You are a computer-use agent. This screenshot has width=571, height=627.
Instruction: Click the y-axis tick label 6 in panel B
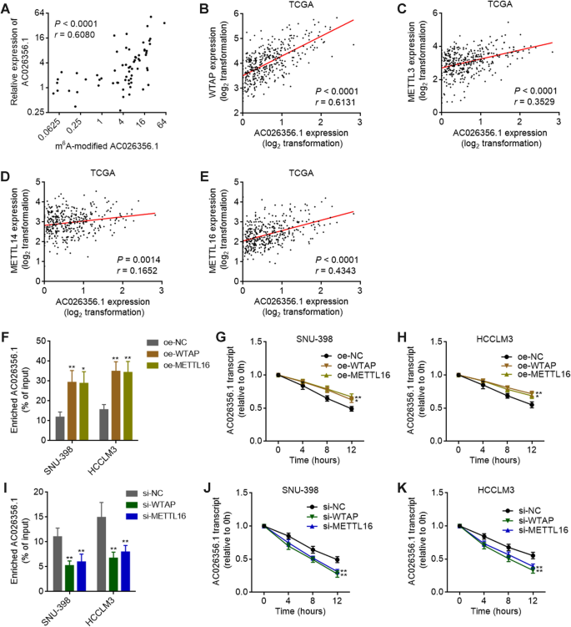click(x=234, y=14)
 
